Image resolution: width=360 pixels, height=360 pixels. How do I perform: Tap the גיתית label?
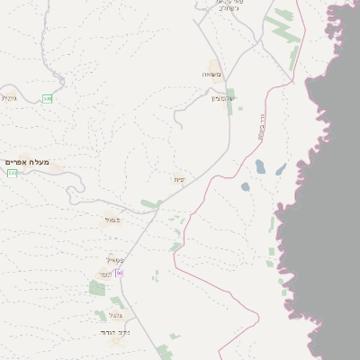(x=10, y=97)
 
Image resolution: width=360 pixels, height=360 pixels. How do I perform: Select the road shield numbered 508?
(x=48, y=97)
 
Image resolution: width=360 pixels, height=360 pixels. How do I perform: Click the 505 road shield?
(x=13, y=172)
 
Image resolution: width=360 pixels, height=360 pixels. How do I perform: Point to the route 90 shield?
(x=118, y=273)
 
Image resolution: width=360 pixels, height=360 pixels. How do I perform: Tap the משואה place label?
(x=211, y=75)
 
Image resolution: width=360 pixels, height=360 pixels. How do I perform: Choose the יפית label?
(x=180, y=180)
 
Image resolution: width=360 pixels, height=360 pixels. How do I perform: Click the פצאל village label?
(x=112, y=220)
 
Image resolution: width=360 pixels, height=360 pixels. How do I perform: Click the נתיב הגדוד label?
(x=116, y=333)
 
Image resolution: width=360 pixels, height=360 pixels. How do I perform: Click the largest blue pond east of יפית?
(x=260, y=166)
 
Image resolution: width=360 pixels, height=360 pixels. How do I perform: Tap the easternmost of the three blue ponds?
(x=281, y=169)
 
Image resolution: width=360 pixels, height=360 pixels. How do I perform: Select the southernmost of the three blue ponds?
(x=245, y=187)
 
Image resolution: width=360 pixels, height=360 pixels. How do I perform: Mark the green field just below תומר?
(x=97, y=289)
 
